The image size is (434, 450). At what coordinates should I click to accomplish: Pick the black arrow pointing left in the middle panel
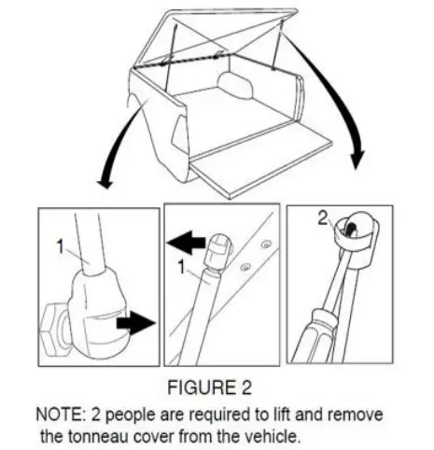pyautogui.click(x=187, y=244)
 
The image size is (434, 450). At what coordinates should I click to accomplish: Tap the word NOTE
pyautogui.click(x=57, y=412)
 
